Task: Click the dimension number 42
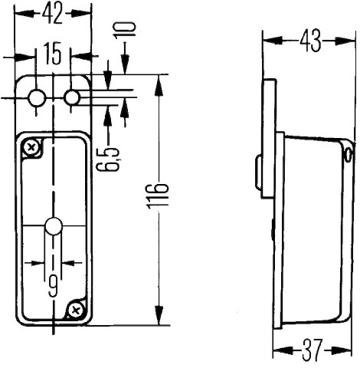point(52,15)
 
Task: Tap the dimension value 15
point(53,53)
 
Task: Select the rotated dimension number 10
point(125,30)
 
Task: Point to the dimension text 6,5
point(108,159)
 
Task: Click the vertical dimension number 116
point(159,195)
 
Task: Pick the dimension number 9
point(53,287)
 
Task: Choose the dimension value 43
point(310,41)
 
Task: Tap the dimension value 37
point(312,350)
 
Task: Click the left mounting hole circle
point(37,98)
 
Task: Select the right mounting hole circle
point(72,97)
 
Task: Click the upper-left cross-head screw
point(31,148)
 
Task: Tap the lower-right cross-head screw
point(76,310)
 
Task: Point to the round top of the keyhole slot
point(54,226)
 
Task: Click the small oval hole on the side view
point(347,155)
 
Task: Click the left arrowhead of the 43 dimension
point(273,41)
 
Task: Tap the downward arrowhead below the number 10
point(125,65)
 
